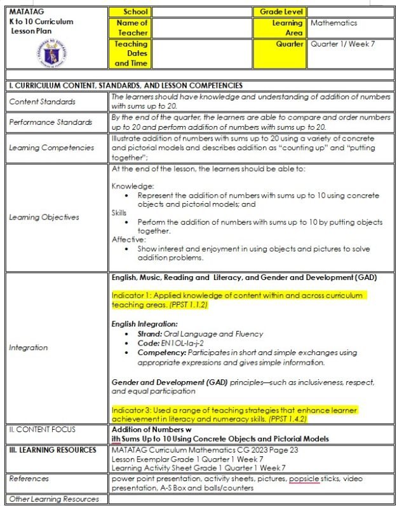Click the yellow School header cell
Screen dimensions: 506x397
(131, 12)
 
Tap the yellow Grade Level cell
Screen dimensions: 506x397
(279, 12)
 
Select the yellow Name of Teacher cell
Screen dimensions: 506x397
(131, 28)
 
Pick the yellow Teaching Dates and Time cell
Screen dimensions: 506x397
(131, 53)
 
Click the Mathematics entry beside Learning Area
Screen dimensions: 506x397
(333, 23)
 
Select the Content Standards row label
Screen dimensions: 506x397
(42, 102)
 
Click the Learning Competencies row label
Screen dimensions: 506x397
(51, 148)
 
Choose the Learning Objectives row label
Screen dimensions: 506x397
(44, 217)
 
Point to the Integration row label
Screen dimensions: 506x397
(28, 348)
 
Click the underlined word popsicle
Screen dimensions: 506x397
(304, 478)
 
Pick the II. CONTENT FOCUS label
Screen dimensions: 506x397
(42, 430)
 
